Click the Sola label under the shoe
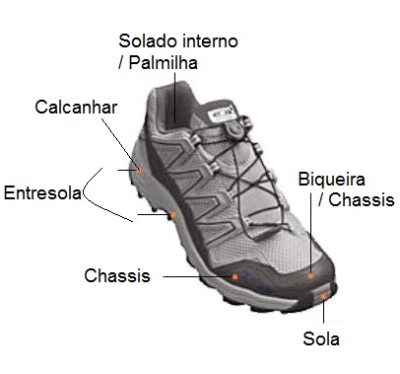click(321, 339)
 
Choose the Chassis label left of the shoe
click(117, 276)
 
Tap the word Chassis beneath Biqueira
click(362, 200)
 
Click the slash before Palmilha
click(121, 63)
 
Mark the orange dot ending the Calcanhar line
click(139, 170)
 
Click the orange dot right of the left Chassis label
click(234, 277)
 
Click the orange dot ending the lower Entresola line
click(173, 214)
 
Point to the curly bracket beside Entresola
click(91, 190)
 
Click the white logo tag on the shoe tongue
click(223, 113)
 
